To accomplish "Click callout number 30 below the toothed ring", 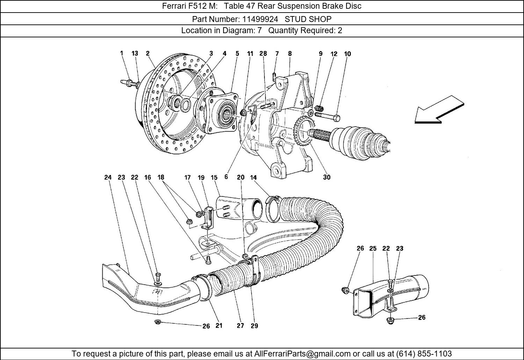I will pos(327,177).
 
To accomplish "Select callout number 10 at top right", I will pos(347,54).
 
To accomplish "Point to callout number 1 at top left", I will pos(122,53).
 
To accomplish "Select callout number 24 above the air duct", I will pos(108,177).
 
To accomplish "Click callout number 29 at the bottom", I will pos(254,326).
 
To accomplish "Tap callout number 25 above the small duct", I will pos(373,248).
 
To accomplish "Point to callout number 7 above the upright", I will pos(277,53).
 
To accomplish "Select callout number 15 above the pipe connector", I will pos(214,177).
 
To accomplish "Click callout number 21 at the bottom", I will pos(219,326).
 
